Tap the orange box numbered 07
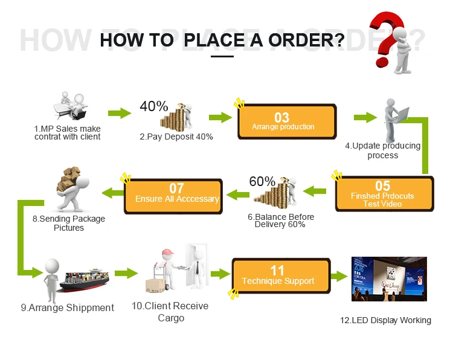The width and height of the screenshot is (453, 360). coord(176,194)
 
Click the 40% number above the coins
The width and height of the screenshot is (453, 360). coord(154,106)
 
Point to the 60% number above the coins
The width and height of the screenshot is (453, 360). coord(262,181)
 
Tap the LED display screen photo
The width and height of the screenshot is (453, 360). coord(389,279)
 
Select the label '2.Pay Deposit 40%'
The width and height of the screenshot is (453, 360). coord(176,137)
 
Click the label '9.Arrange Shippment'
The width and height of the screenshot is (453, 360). coord(68,307)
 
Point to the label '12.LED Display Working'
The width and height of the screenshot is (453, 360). coord(385,320)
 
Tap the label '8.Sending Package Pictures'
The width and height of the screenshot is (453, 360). coord(69,223)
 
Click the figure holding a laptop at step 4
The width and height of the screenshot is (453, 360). coord(396,121)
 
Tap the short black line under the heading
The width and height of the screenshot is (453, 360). coord(222,57)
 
